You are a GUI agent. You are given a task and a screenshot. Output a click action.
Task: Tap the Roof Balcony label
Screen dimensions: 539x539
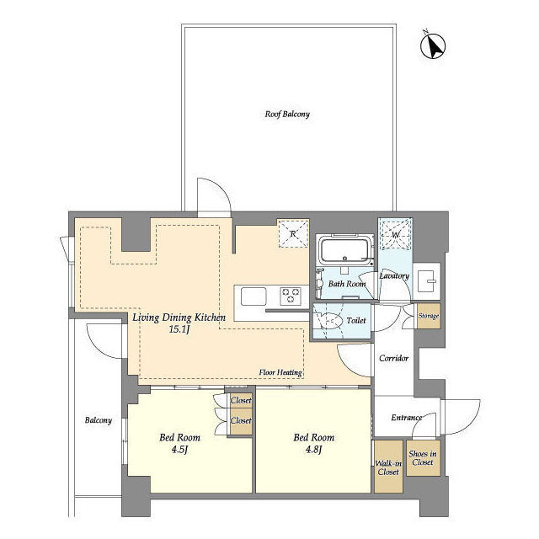(287, 113)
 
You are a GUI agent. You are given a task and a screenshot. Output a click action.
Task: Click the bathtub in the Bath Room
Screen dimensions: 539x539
(344, 250)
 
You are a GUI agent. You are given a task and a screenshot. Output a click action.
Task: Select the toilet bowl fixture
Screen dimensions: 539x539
(333, 321)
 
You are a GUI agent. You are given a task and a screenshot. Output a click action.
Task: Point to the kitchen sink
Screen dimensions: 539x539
(254, 296)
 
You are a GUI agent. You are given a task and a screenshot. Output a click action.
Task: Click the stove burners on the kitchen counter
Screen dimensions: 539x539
(291, 296)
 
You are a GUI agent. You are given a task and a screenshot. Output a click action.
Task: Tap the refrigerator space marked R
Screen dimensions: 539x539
(294, 233)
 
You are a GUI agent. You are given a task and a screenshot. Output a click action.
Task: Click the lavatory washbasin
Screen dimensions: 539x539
(427, 278)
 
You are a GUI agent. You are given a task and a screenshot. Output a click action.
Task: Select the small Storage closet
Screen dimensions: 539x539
(428, 316)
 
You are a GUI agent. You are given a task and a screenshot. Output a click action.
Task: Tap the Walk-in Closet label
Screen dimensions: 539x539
(387, 467)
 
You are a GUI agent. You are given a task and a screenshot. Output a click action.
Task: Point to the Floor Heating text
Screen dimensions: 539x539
(280, 371)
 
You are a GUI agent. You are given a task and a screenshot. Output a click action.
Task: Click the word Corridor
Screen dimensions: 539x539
(393, 358)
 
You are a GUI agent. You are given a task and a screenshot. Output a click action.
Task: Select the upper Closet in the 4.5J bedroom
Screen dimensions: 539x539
(241, 402)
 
